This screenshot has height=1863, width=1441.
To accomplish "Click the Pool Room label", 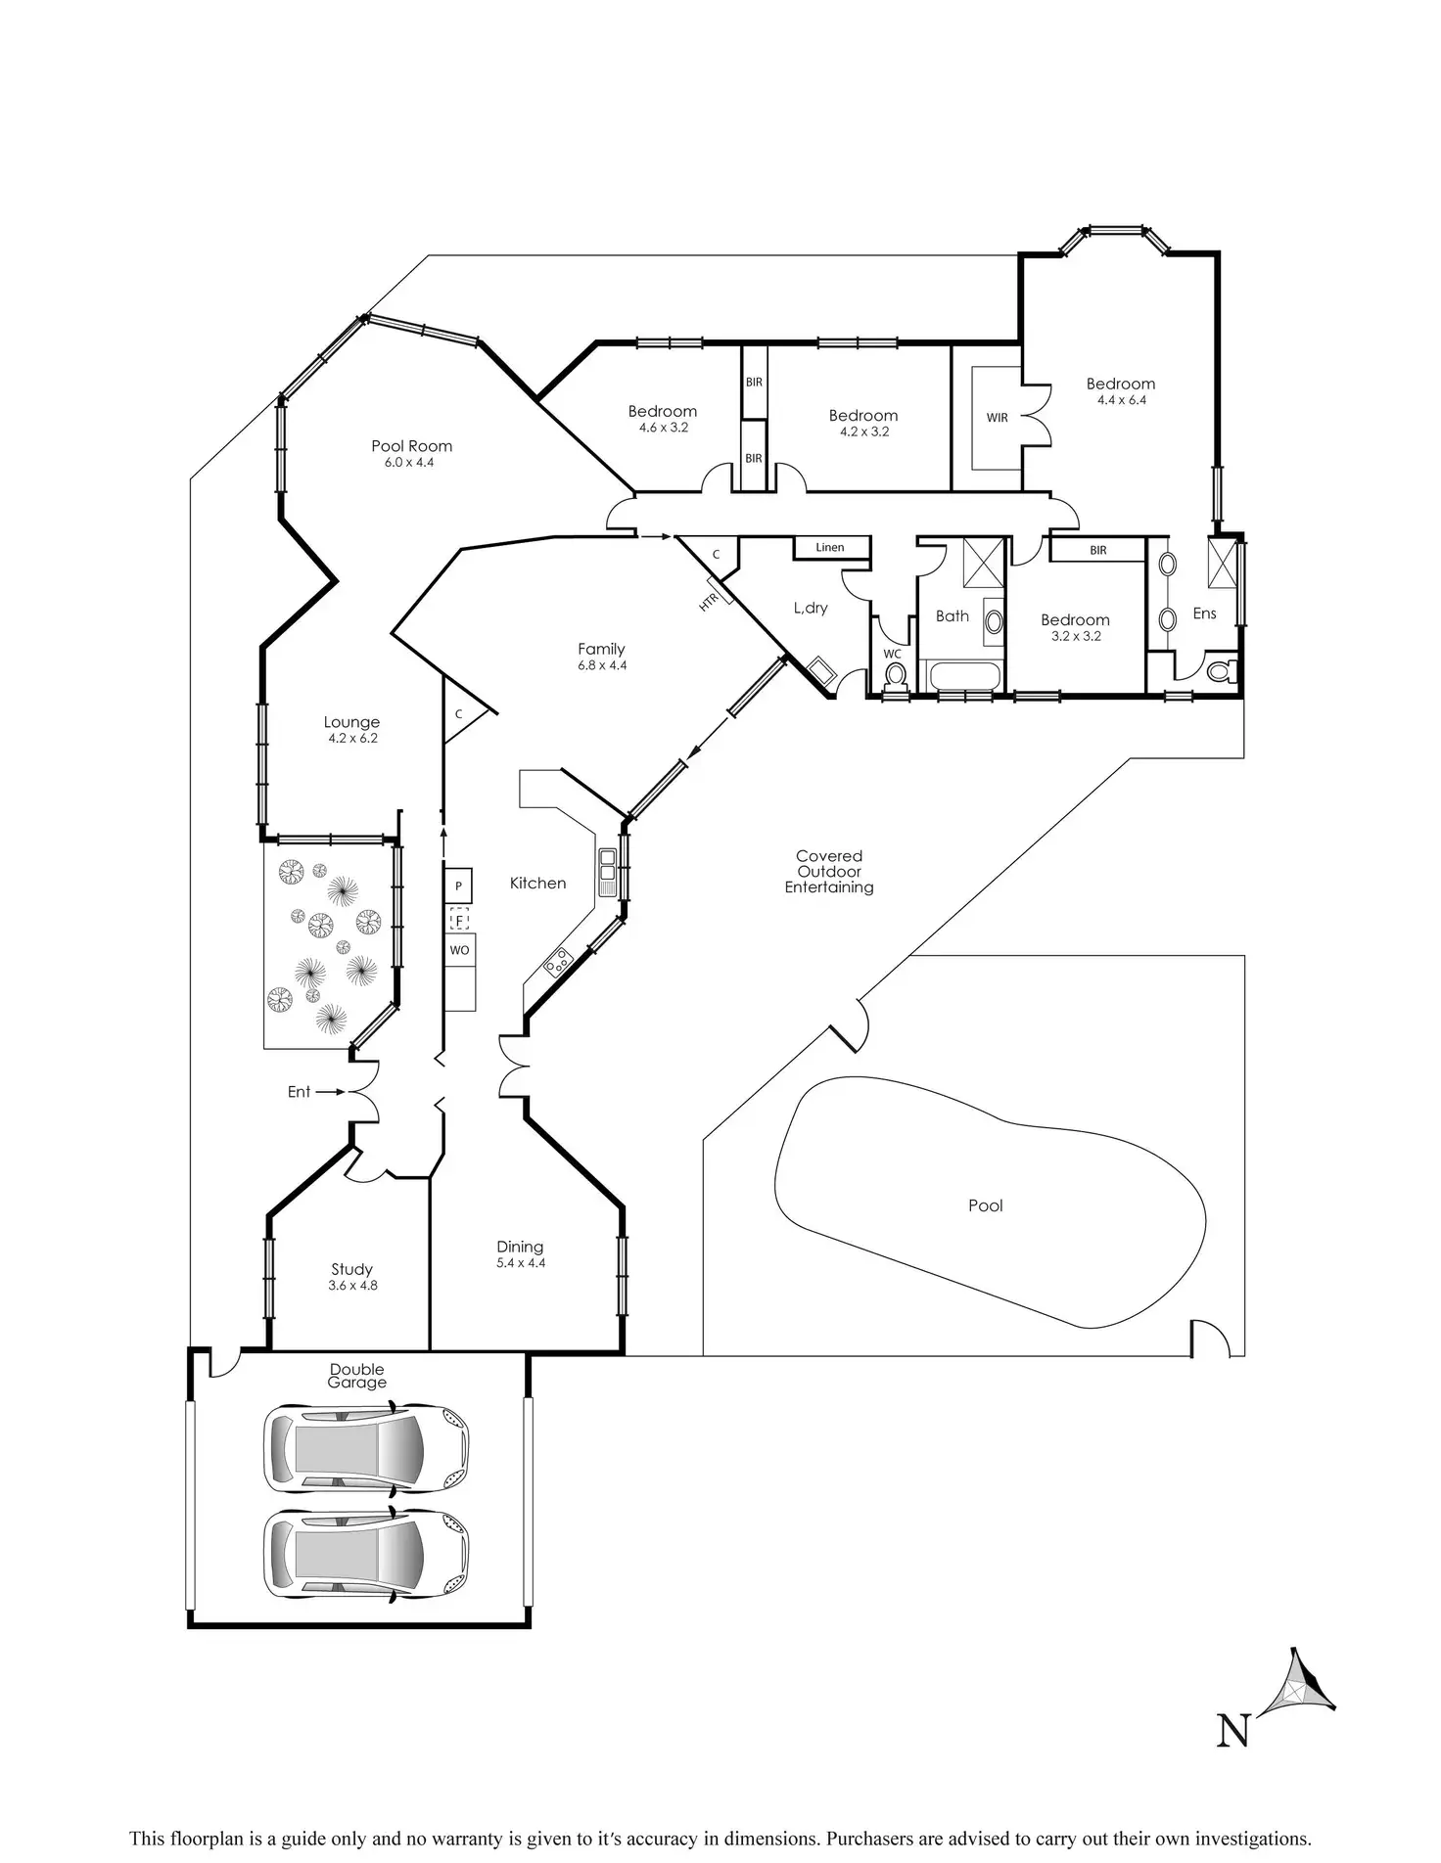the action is [411, 446].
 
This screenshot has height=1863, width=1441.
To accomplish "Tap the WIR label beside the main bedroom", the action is [997, 418].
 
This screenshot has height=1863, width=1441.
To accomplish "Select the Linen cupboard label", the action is [829, 547].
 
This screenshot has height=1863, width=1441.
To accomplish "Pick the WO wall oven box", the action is [459, 950].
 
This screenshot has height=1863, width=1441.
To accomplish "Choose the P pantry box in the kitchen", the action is [458, 886].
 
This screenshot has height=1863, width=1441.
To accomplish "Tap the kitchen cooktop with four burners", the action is [559, 963].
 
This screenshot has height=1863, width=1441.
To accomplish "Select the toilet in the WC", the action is [894, 675].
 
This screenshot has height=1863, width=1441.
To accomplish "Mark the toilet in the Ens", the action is [1221, 672].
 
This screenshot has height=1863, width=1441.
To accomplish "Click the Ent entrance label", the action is [299, 1092].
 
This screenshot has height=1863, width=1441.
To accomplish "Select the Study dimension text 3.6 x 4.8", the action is [352, 1286].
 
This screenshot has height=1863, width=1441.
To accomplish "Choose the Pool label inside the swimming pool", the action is [985, 1205].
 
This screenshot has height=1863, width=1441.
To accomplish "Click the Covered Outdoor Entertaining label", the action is [828, 872].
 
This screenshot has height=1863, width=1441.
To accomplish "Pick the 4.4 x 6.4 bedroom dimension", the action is [1121, 399].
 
